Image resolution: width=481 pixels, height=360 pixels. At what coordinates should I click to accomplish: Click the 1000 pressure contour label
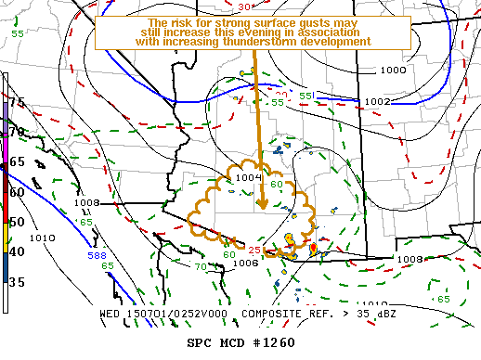point(393,70)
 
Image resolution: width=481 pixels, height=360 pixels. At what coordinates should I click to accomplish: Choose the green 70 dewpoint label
point(199,267)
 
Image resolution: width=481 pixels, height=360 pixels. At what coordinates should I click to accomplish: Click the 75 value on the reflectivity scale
point(17,103)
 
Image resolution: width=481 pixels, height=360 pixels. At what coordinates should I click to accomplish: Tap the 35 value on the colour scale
point(17,282)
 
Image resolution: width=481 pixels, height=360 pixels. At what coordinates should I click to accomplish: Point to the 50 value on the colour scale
point(17,222)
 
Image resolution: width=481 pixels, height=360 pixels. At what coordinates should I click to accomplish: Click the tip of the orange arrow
point(262,208)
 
